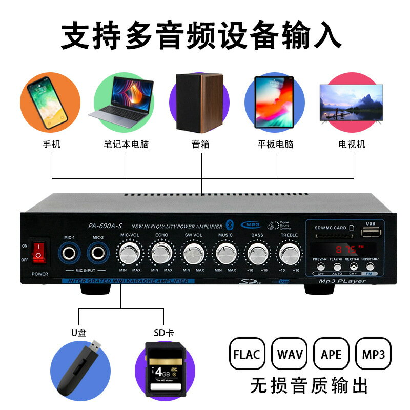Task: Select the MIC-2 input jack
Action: coord(99,253)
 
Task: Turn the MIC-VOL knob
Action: coord(130,253)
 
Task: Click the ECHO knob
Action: coord(162,253)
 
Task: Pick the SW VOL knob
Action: coord(194,253)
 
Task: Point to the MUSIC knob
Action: coord(225,253)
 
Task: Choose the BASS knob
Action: coord(257,253)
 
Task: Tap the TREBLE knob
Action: coord(289,253)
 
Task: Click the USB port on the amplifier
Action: coord(371,233)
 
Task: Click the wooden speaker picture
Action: coord(200,102)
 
